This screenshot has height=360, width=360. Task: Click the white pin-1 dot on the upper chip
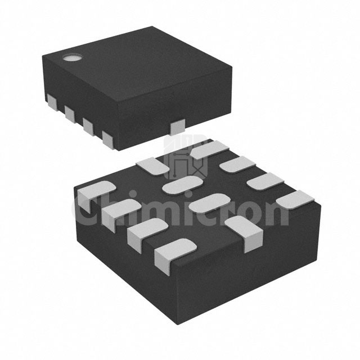point(73,58)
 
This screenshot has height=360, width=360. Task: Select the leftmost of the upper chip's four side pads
point(53,103)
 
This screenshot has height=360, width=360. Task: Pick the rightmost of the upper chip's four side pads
point(109,140)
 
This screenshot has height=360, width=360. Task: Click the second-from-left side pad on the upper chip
point(70,114)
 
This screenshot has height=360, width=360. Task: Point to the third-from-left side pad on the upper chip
point(89,127)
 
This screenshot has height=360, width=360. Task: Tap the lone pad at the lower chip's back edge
point(152,166)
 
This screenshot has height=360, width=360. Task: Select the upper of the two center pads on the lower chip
point(182,185)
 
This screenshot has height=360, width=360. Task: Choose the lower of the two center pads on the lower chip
point(210,203)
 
